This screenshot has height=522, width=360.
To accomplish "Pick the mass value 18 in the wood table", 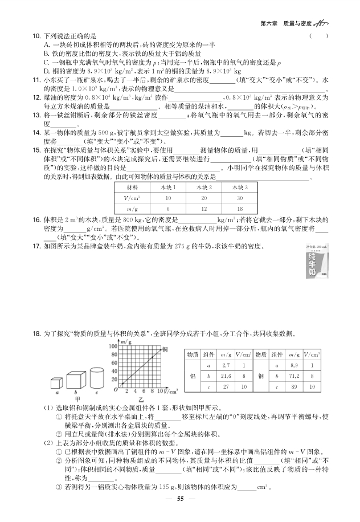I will coord(239,209).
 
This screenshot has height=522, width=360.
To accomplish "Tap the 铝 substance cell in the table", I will coord(192,377).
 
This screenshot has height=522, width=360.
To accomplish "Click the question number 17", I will coord(36,246).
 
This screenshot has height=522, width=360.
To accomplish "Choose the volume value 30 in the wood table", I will coord(239,198).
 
